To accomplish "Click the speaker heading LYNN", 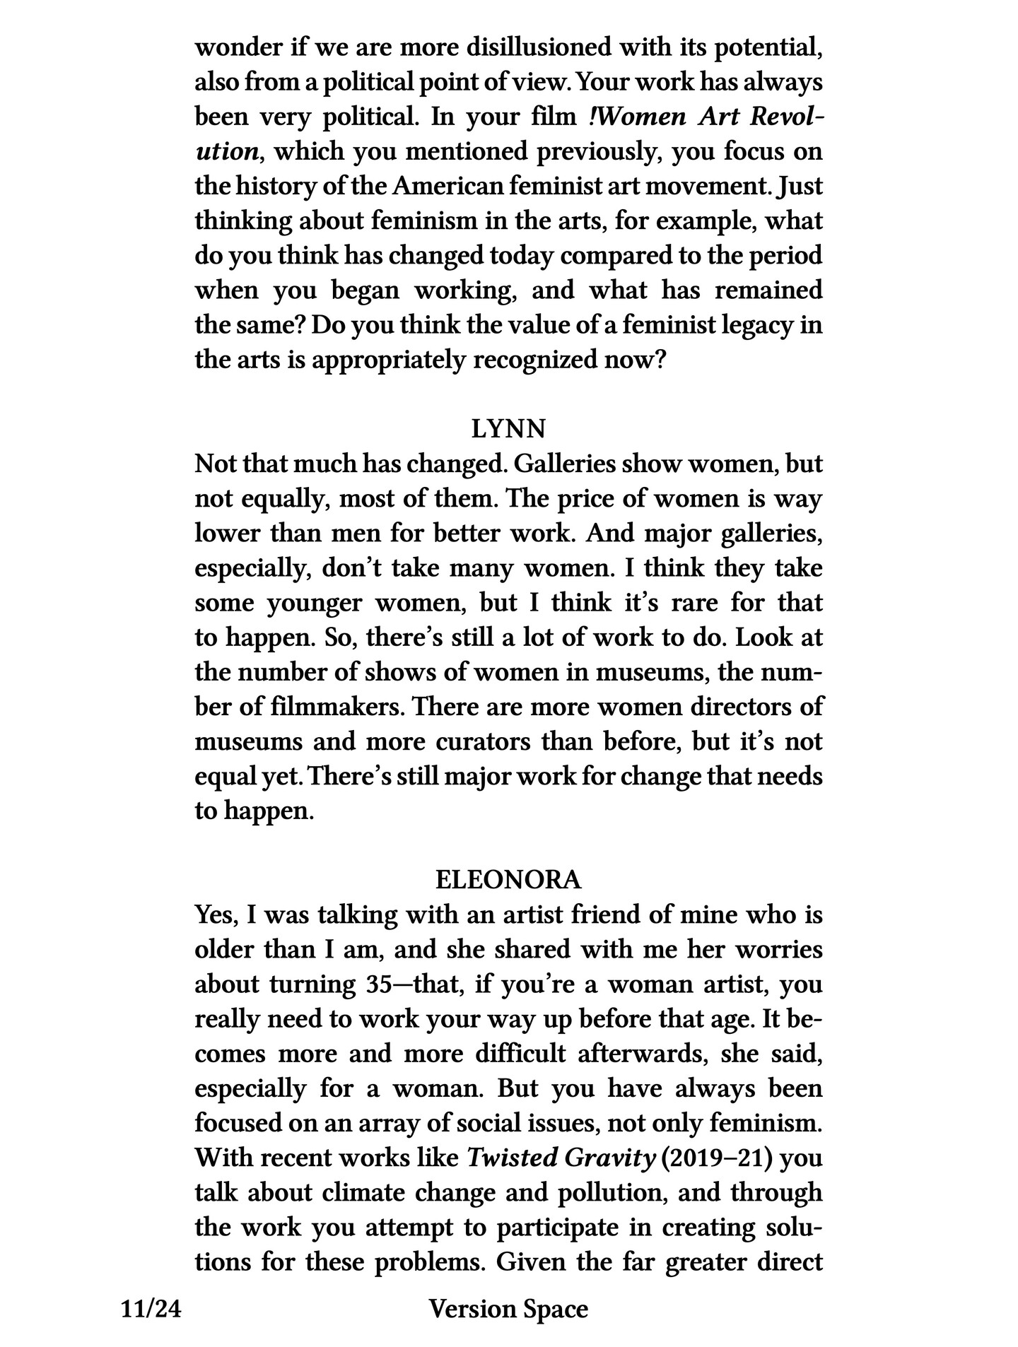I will click(508, 429).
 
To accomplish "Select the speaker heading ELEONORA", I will click(508, 880).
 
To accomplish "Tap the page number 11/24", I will click(151, 1309).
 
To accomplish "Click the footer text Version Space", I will click(508, 1309).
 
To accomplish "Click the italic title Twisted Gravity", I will click(561, 1158).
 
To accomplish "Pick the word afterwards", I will click(643, 1053).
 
